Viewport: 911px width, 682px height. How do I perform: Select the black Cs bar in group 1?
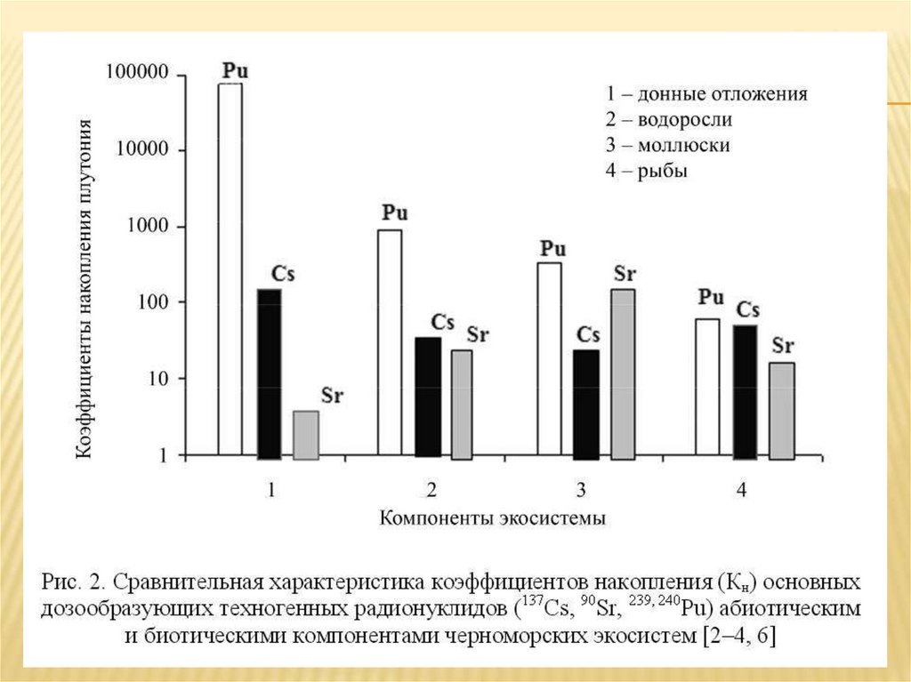(269, 373)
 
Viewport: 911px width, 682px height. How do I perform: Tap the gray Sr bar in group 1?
(306, 435)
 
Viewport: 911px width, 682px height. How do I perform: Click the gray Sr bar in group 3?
(623, 373)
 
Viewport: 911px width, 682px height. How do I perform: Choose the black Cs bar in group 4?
(746, 392)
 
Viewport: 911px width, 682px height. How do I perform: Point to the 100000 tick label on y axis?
(137, 73)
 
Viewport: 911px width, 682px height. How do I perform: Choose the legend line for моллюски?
(667, 145)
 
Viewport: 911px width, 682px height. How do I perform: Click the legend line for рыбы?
(647, 171)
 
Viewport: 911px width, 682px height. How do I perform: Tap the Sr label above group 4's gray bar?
(783, 346)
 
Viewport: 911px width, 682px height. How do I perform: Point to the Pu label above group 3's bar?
(553, 248)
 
